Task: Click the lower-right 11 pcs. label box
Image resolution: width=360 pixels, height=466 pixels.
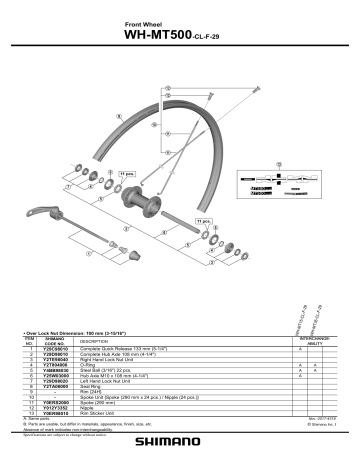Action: point(204,220)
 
